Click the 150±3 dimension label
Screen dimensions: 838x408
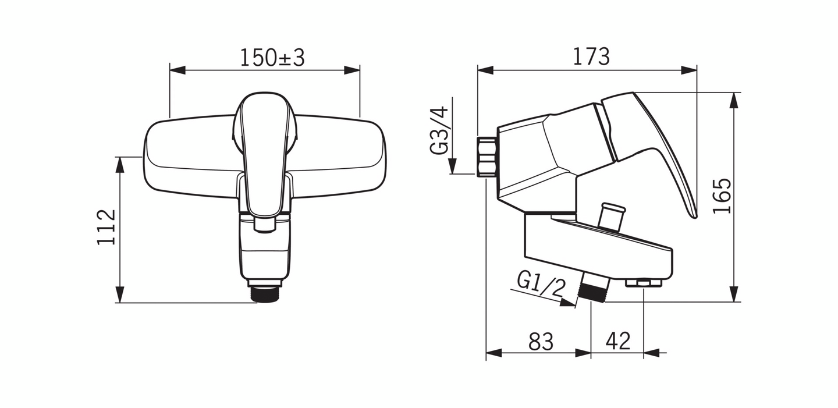click(x=272, y=58)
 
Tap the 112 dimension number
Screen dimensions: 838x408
click(x=106, y=228)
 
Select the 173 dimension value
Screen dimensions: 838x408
click(x=591, y=56)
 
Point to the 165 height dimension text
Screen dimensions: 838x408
click(x=722, y=196)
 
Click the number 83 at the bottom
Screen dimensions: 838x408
click(x=541, y=342)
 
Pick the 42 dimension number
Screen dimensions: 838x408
click(x=618, y=341)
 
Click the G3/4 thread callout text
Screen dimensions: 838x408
click(x=439, y=130)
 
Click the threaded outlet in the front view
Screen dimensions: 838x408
click(x=266, y=295)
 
